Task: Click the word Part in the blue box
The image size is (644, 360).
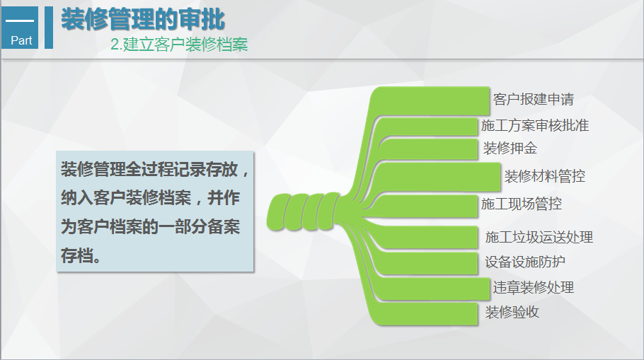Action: tap(21, 40)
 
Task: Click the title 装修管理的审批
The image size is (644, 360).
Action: tap(143, 19)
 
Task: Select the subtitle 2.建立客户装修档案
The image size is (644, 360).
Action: tap(179, 45)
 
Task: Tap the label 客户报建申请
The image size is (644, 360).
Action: tap(533, 99)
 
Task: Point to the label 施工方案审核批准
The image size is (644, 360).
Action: tap(535, 126)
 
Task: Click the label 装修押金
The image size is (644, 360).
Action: tap(510, 149)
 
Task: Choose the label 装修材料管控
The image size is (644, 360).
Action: tap(545, 177)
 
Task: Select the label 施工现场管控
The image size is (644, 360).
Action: tap(521, 204)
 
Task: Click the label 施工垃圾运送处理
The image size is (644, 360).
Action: tap(539, 237)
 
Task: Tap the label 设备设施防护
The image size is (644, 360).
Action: tap(525, 262)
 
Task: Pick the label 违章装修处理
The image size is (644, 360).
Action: tap(533, 288)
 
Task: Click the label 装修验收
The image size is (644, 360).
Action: tap(512, 313)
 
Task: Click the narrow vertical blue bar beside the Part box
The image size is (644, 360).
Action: tap(49, 28)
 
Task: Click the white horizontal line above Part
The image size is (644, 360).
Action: tap(20, 20)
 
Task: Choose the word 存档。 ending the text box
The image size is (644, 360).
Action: tap(81, 255)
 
